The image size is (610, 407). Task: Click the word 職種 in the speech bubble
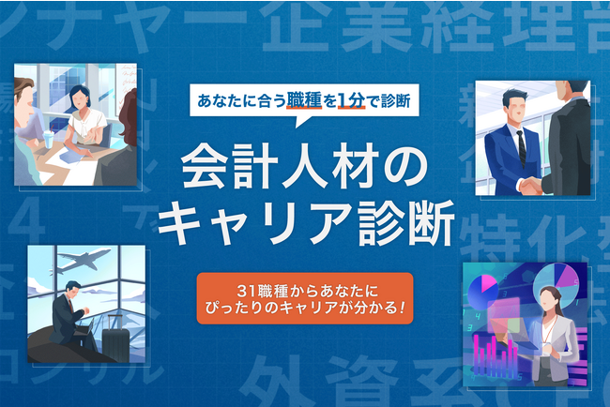tap(309, 98)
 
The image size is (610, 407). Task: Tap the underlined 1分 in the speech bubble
tap(353, 98)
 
